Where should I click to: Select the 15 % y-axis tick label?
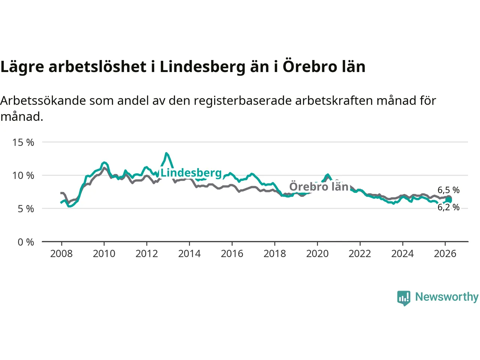[23, 142]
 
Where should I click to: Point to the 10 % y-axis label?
[23, 175]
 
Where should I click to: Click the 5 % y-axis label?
[26, 208]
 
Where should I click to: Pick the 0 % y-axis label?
[26, 242]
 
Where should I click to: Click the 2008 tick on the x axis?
[61, 254]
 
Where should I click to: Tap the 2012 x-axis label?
[147, 254]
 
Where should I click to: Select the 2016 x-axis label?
[232, 254]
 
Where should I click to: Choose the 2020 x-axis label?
[317, 254]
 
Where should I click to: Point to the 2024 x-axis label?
[402, 254]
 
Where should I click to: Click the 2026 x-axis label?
[445, 254]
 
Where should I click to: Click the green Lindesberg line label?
[191, 172]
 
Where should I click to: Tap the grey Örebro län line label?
[319, 186]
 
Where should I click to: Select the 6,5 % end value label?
[448, 190]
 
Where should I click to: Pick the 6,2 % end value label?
[448, 207]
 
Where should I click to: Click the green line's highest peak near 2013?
[166, 153]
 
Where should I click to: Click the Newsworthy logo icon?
[404, 298]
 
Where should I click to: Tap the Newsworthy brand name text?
[447, 297]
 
